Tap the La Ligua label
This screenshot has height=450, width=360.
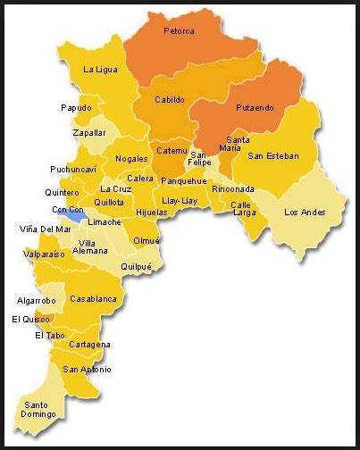point(100,69)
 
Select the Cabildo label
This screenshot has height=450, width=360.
point(169,100)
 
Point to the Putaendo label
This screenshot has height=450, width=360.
point(255,107)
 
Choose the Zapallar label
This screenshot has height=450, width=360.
point(89,132)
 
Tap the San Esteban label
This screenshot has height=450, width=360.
point(273,156)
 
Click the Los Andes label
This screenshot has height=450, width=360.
point(305,212)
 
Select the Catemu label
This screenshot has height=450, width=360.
point(172,151)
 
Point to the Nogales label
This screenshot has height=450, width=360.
point(131,159)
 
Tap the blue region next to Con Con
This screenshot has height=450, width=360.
point(79,216)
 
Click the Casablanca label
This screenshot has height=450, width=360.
point(93,298)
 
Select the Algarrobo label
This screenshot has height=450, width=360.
point(37,301)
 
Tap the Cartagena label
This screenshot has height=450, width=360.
point(90,345)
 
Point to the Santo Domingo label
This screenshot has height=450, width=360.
point(39,409)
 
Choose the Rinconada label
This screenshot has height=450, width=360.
point(233,188)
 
